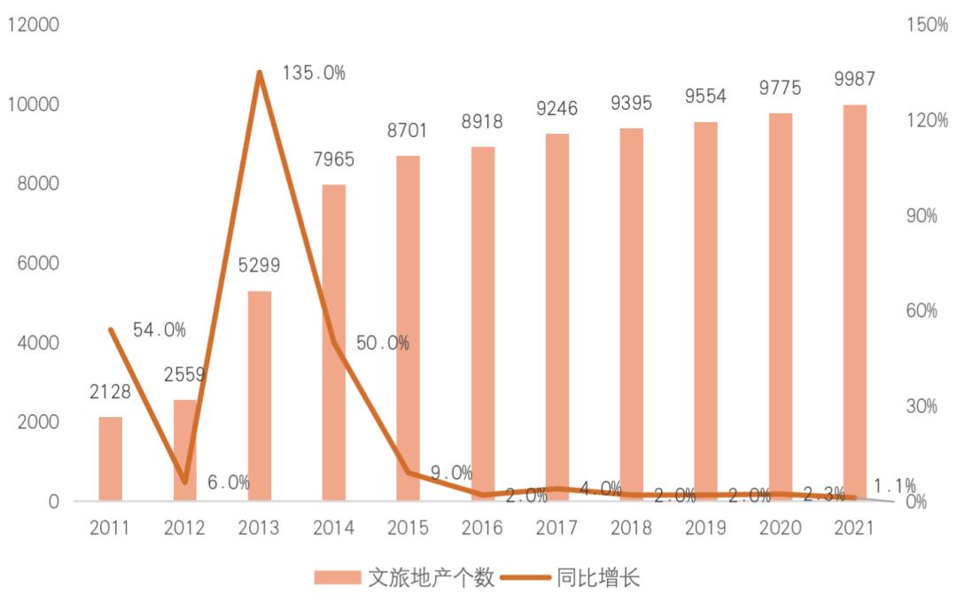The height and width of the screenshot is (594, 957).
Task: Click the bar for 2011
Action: tap(110, 459)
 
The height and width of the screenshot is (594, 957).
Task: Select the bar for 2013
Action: tap(259, 396)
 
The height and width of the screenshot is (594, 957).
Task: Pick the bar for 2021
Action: tap(855, 303)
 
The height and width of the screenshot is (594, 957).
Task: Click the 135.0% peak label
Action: tap(314, 73)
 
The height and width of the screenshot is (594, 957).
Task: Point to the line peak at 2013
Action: tap(260, 73)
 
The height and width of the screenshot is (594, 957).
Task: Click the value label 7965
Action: tap(333, 159)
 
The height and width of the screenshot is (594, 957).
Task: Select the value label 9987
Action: tap(854, 80)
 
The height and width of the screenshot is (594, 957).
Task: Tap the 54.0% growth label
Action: tap(159, 330)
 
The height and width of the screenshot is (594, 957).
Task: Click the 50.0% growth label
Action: tap(383, 343)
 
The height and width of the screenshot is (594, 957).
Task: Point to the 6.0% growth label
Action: tap(229, 483)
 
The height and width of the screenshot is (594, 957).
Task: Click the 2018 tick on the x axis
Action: tap(631, 528)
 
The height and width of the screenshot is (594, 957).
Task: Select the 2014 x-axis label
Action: tap(333, 528)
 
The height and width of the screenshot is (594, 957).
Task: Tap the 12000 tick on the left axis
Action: tap(33, 25)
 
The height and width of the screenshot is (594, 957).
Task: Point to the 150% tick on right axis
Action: tap(928, 25)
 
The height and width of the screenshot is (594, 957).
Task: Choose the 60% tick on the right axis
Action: tap(922, 311)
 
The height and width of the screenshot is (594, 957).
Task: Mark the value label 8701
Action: tap(408, 131)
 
